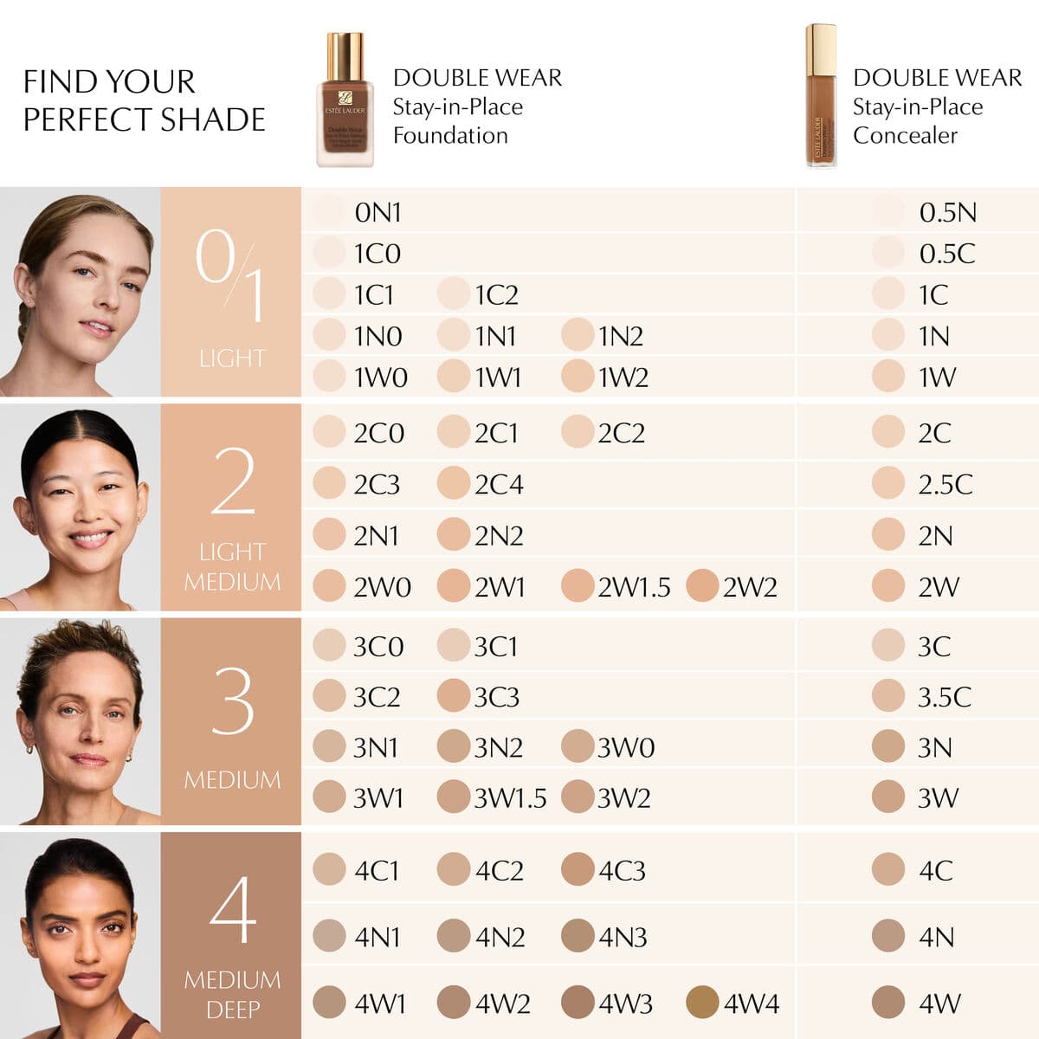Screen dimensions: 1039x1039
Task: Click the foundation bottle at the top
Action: click(x=345, y=100)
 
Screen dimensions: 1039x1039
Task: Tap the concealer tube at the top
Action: click(x=821, y=95)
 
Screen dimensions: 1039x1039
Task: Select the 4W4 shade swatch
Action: click(x=702, y=1002)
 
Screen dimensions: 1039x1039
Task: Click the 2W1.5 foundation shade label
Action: click(x=634, y=587)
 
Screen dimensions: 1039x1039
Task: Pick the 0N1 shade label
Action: click(x=378, y=212)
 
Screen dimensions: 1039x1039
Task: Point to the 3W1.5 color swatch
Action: click(x=453, y=797)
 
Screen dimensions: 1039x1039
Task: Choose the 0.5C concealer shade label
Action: click(x=946, y=254)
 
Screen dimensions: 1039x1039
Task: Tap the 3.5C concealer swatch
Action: click(x=888, y=696)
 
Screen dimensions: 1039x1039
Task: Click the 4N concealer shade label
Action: click(x=936, y=937)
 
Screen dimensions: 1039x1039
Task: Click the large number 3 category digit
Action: click(x=232, y=701)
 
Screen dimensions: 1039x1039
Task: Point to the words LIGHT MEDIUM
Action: click(x=232, y=566)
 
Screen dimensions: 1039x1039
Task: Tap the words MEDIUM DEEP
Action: click(x=232, y=994)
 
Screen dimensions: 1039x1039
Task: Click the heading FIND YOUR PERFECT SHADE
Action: click(x=144, y=100)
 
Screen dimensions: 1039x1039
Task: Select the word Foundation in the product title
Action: click(x=450, y=136)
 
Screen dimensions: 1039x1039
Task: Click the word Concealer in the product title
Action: click(x=905, y=136)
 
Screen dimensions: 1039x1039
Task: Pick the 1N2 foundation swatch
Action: click(x=578, y=335)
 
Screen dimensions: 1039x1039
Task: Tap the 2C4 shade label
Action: click(x=499, y=484)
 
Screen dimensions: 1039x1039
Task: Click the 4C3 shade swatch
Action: click(x=578, y=869)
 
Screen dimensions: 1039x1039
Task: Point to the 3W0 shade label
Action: click(x=625, y=747)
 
